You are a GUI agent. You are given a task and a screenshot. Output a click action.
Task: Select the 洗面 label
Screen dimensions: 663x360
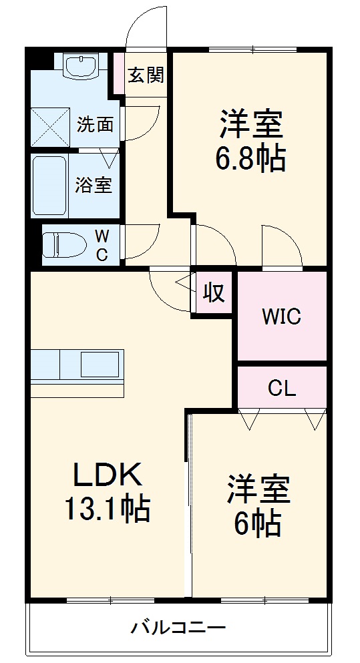94,124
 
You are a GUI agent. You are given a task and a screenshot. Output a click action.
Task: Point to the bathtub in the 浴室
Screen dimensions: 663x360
49,185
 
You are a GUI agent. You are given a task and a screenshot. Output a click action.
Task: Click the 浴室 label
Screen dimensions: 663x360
94,185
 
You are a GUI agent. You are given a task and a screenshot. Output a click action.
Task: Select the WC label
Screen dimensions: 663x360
102,244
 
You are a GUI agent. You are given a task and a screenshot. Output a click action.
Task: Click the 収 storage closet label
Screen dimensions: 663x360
213,292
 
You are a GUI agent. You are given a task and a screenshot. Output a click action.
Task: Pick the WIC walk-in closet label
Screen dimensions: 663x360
281,316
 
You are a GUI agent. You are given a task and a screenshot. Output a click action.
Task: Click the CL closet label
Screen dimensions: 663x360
282,388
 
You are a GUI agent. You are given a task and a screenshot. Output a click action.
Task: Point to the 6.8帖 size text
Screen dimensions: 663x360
250,159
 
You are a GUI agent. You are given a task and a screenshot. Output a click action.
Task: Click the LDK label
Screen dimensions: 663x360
107,475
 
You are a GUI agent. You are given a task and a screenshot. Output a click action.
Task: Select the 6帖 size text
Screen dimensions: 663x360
257,524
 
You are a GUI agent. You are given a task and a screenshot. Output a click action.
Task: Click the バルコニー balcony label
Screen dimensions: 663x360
178,628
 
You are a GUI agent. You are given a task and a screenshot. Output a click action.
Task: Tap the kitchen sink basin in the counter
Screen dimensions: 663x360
100,365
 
